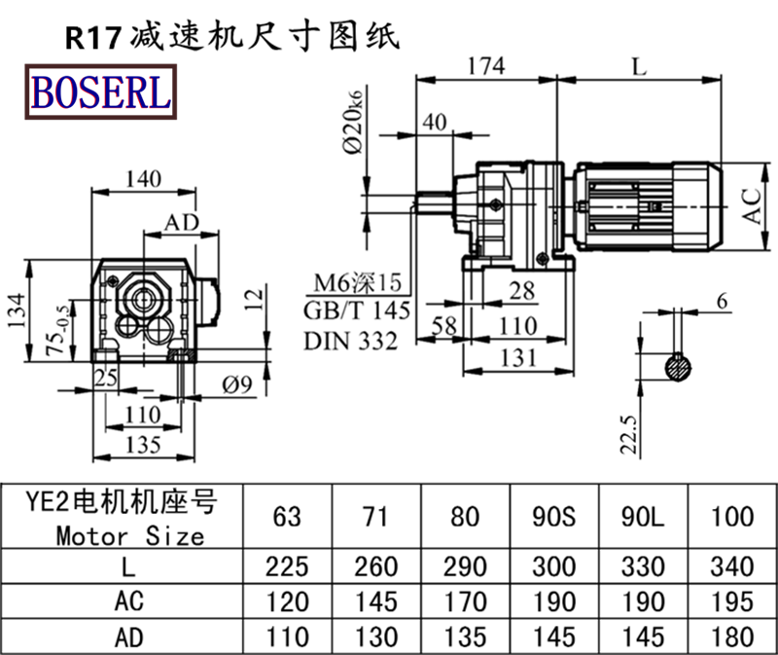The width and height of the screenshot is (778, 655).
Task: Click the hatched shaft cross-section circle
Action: (x=679, y=368)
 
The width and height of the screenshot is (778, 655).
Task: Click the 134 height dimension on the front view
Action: (x=17, y=309)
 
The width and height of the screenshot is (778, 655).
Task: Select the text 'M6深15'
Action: (x=356, y=283)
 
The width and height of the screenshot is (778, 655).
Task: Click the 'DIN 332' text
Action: (x=350, y=341)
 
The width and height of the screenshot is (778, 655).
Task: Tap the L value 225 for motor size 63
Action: (x=287, y=566)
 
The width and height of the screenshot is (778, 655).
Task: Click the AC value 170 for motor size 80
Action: (x=466, y=601)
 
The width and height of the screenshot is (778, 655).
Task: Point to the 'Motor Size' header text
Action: (x=129, y=534)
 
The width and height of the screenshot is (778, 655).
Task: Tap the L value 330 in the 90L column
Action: (x=644, y=566)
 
